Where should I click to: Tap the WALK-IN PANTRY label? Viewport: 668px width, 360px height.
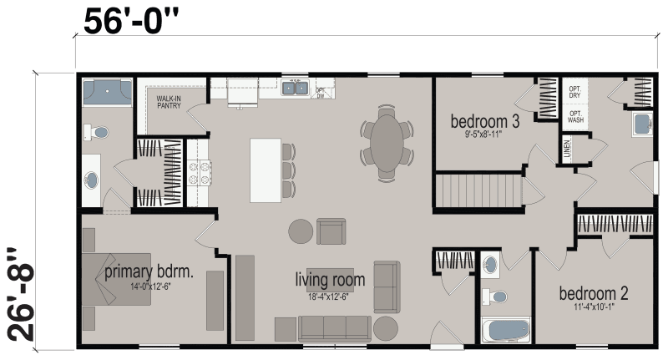pos(170,103)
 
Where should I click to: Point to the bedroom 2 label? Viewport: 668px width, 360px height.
pos(593,294)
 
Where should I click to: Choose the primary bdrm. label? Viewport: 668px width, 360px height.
pos(149,272)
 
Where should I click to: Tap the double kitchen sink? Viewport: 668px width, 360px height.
pos(295,87)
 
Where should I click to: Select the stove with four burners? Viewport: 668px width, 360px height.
pos(200,172)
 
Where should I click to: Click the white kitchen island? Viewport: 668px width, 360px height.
pos(265,170)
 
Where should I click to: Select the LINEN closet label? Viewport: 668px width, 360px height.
pos(568,151)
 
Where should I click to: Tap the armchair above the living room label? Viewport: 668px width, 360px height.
pos(331,231)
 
